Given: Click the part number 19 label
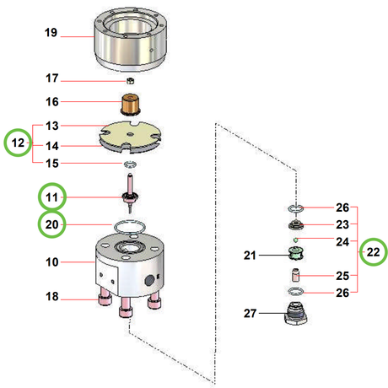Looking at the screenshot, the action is coord(51,33).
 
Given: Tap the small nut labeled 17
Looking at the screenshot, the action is coord(130,81).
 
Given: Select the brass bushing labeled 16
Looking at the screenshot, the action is coord(131,104).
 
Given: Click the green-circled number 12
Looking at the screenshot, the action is coord(18,143).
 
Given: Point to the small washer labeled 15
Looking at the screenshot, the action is coord(130,164).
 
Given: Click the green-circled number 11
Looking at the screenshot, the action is coord(52,197).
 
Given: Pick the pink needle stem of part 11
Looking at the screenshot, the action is coord(130,183).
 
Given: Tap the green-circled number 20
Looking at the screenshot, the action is coord(51,224).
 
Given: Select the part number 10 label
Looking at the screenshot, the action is coord(52,262).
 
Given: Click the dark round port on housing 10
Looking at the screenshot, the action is coord(149,280).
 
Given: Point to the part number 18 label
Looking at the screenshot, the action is coord(52,296).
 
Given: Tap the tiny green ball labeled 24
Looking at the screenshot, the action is coord(295,240).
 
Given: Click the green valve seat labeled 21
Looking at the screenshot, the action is coord(296,253).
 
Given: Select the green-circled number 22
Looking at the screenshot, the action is coord(373,251).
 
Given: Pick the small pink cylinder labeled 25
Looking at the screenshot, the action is coord(295,275).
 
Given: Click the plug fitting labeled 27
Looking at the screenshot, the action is coord(296,314).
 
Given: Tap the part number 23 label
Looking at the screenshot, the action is coord(342,224).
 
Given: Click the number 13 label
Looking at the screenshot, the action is coord(52,126).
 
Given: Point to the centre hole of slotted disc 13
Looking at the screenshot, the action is coord(130,135).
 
